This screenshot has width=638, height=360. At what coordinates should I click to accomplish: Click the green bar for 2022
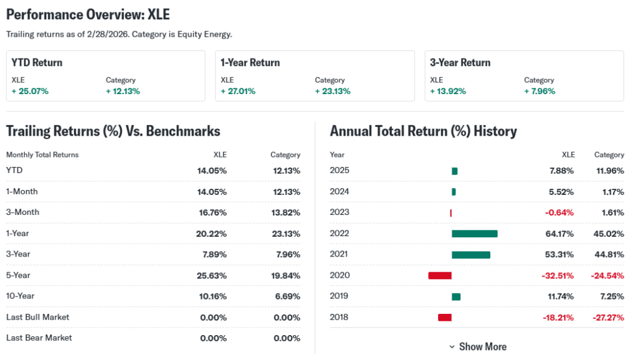474,234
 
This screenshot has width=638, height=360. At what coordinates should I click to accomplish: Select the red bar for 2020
439,275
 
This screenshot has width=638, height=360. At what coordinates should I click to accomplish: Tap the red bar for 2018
444,318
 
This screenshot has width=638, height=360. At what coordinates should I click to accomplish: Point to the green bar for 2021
470,255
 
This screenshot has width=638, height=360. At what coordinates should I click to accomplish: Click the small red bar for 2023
450,213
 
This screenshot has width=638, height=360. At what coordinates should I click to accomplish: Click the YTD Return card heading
37,62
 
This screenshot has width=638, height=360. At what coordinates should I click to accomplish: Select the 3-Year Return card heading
460,62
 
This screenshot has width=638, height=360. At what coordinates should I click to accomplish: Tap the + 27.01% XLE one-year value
238,91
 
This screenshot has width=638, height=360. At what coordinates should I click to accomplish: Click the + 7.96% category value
540,91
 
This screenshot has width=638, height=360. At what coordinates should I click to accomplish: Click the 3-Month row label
22,212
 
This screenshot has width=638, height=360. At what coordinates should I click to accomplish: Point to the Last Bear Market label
39,338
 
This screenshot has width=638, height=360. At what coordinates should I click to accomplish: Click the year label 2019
340,296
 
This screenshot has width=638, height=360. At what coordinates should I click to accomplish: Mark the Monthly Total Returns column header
42,154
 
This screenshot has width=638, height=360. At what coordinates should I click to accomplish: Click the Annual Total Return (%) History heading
423,131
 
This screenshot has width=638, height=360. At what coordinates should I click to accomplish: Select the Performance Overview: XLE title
88,14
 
